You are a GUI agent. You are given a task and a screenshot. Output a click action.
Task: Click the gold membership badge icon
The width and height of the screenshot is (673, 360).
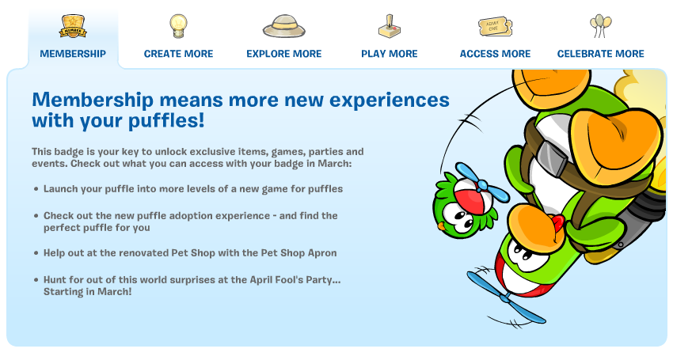pos(73,26)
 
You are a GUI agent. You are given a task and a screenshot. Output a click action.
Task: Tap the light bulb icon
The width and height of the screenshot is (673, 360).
pos(178,26)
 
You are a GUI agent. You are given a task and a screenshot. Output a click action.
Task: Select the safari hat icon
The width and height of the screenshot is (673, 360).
pos(283,26)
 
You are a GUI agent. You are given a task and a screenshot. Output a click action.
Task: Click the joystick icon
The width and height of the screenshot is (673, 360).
pos(390,26)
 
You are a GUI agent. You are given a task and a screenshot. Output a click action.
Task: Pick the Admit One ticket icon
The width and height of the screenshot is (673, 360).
pos(496,26)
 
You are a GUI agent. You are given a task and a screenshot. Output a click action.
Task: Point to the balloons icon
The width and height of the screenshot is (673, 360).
pos(601,26)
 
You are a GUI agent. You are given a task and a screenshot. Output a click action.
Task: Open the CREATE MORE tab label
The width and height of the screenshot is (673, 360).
pos(179,54)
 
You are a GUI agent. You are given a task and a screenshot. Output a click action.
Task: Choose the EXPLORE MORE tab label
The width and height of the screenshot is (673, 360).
pos(283,54)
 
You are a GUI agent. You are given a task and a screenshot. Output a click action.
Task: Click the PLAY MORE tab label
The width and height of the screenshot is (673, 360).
pos(390,54)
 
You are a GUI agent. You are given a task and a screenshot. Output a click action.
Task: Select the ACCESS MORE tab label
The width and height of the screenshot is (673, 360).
pos(496,54)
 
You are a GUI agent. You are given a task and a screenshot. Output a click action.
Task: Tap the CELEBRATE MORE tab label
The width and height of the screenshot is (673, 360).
pos(600,54)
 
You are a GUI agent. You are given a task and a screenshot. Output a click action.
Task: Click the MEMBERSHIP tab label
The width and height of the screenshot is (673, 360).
pos(73,54)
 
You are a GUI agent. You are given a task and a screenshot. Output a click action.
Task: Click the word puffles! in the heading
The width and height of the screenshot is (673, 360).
pos(166,121)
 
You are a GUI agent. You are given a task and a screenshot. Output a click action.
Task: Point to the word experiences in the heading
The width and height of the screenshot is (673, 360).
pos(390,100)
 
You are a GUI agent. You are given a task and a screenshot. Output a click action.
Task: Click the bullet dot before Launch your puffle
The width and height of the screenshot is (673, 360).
pos(36,189)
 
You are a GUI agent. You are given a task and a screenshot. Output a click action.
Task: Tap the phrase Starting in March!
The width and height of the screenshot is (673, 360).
pos(88,292)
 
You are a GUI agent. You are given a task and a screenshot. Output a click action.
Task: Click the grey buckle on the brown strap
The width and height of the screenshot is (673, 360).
pos(554,159)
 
